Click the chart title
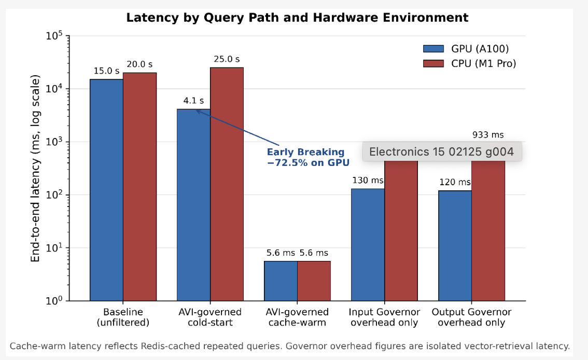coord(297,18)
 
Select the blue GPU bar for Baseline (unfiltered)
coord(106,190)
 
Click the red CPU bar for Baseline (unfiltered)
coord(140,187)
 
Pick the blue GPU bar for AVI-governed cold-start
coord(193,205)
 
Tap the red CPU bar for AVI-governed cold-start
coord(227,184)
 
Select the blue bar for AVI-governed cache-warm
coord(281,281)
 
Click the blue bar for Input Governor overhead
coord(368,245)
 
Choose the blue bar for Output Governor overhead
coord(455,246)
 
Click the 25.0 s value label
coord(227,59)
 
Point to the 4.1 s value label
coord(193,101)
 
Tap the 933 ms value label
coord(488,135)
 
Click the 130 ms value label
coord(368,181)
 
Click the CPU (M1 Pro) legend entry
coord(469,63)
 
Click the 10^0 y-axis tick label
coord(54,300)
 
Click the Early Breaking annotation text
coord(308,157)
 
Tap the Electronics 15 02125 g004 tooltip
coord(442,151)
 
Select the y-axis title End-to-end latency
coord(35,169)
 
